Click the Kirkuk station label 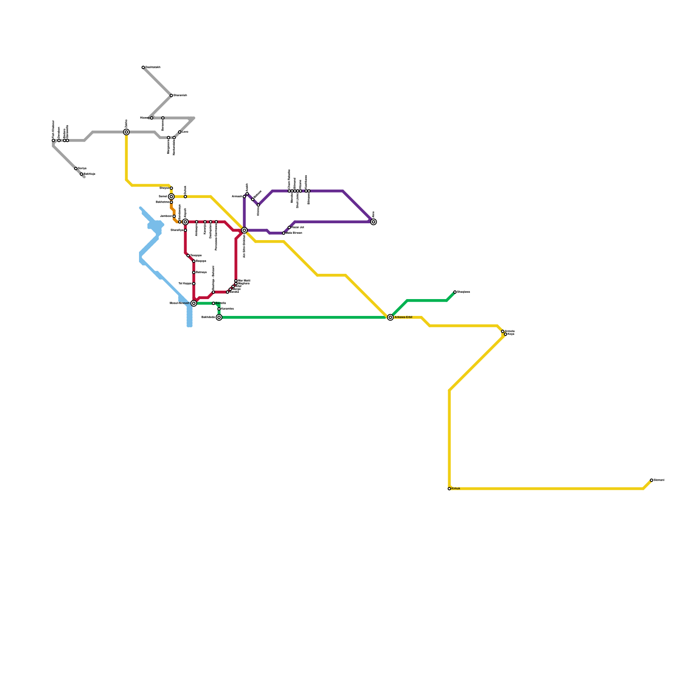coord(456,489)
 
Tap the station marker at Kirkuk coord(449,489)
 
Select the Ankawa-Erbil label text coord(403,317)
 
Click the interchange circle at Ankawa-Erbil coord(390,317)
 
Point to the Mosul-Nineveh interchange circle coord(194,303)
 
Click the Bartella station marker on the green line coord(214,303)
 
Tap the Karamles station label coord(227,309)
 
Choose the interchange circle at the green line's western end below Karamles coord(219,317)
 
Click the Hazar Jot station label coord(297,227)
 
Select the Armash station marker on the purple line coord(244,196)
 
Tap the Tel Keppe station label coord(185,284)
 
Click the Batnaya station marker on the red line coord(194,273)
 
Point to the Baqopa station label coord(201,261)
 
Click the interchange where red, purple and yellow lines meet coord(244,230)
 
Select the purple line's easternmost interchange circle coord(374,222)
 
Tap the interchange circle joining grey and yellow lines coord(126,132)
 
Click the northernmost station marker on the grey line coord(143,67)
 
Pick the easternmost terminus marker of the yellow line coord(652,480)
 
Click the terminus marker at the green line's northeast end coord(455,292)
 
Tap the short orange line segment coord(174,211)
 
